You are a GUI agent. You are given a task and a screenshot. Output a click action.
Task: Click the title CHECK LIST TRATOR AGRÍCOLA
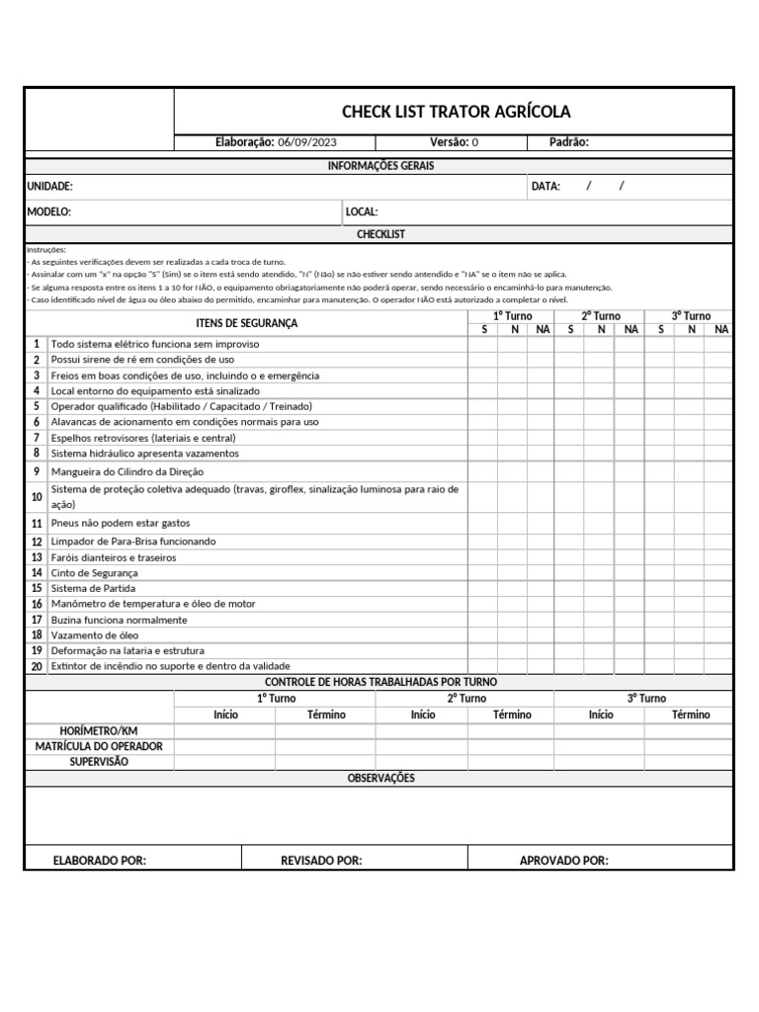point(456,112)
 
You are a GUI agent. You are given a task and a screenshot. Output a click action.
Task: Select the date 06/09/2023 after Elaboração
point(307,142)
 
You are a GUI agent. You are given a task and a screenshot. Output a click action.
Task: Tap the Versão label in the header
point(449,142)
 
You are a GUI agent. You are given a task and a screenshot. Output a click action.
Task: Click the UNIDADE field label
point(49,186)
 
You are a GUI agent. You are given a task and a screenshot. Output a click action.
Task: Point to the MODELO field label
point(48,211)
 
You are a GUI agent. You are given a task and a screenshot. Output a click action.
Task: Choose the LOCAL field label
point(362,211)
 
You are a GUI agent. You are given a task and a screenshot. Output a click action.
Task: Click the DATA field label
point(546,186)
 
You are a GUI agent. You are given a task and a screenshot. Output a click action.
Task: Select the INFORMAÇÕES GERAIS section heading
point(380,166)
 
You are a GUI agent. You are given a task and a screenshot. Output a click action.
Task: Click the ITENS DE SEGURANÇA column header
point(247,323)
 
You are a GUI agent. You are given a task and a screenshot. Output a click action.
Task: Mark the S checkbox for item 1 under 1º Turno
point(482,344)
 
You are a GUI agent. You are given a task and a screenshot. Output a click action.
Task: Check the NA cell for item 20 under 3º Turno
point(718,666)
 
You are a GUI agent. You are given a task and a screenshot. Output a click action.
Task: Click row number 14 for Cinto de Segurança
point(37,573)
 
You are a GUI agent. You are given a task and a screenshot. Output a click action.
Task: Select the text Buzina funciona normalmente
point(119,620)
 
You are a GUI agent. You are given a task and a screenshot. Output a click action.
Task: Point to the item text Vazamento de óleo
point(95,635)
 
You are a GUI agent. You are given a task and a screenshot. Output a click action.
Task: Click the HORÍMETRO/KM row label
point(99,730)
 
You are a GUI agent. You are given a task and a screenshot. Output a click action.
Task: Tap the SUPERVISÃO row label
point(99,762)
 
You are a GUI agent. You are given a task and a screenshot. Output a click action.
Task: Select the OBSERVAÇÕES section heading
point(380,779)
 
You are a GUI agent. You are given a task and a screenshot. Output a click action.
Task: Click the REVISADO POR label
point(321,861)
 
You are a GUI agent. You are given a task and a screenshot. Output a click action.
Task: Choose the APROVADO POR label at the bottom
point(564,861)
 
